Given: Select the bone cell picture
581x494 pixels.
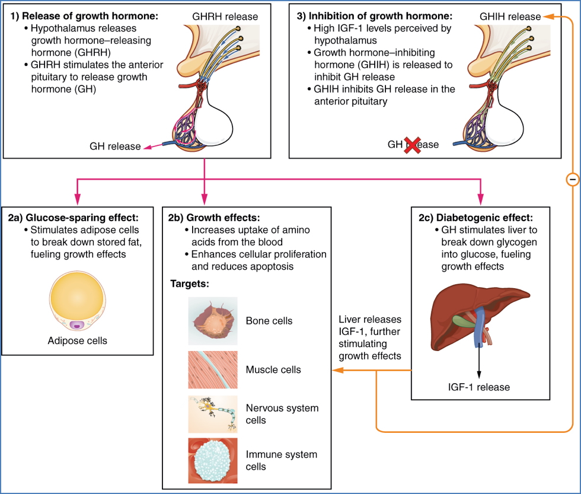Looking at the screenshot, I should coord(213,321).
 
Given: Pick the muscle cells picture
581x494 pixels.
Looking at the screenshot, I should coord(213,369).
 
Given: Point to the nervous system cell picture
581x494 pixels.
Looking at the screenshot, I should coord(213,414).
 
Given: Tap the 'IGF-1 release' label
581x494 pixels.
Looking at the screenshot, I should coord(478,387).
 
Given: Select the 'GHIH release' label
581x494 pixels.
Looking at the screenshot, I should coord(510,17).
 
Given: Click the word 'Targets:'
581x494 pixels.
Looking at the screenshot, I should coord(189,284).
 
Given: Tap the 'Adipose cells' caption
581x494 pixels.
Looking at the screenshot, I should coord(78,340).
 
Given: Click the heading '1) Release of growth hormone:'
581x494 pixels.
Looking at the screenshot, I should coord(84,16).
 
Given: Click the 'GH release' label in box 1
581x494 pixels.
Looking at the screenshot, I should coord(115,146).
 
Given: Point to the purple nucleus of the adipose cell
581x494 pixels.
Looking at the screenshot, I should coord(76,325).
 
